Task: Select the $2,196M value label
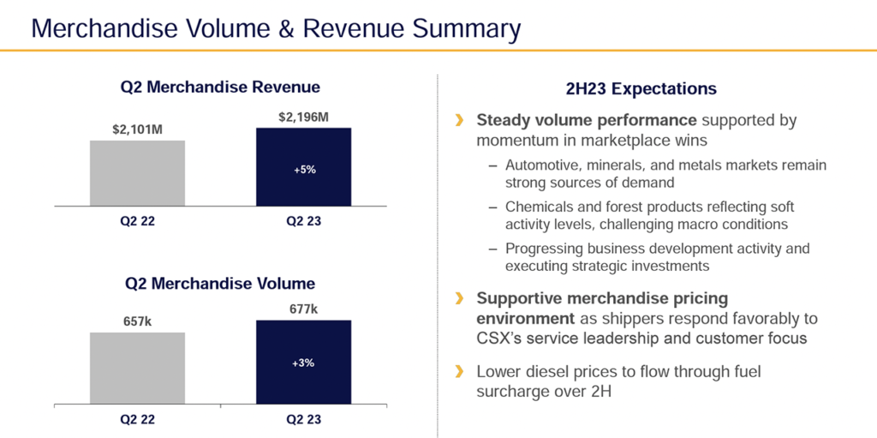(303, 117)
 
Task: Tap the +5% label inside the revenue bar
(304, 170)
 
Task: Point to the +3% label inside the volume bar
(304, 363)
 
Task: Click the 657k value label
(137, 322)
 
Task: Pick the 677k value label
(303, 309)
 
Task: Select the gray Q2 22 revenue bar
(137, 173)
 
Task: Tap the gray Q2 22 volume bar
(137, 369)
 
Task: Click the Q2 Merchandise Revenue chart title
(220, 87)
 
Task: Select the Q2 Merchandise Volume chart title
(220, 283)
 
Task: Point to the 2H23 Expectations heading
(641, 88)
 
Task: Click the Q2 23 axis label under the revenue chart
(303, 221)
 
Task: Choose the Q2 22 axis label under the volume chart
(137, 421)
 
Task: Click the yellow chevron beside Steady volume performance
(460, 120)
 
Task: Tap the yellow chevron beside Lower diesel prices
(460, 371)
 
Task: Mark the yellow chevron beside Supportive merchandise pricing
(460, 298)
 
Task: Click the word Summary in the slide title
(466, 29)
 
